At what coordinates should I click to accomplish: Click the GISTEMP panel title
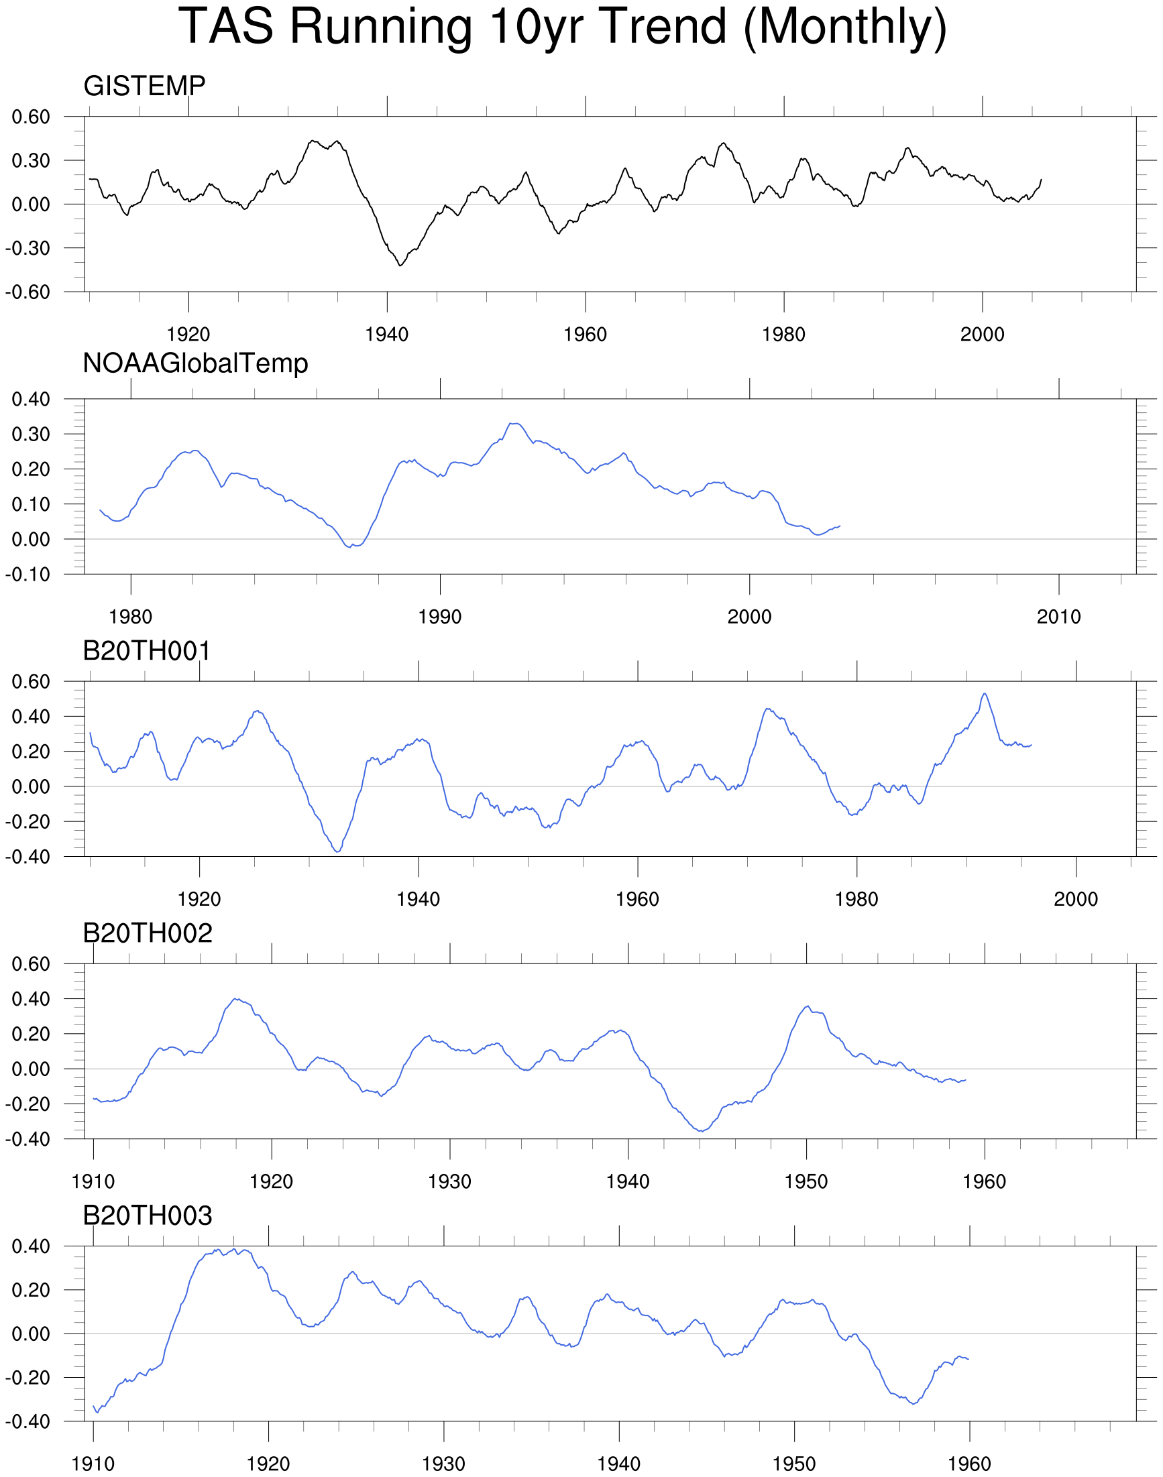[144, 86]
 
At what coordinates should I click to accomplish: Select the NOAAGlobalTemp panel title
[195, 363]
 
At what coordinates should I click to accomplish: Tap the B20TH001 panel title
[146, 651]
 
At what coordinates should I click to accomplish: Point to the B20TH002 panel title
[147, 933]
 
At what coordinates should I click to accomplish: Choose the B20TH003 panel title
[147, 1216]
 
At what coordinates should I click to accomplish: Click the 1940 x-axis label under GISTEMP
[387, 335]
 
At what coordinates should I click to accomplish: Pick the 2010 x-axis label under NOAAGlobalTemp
[1058, 617]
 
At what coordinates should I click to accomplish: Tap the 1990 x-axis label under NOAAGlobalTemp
[440, 617]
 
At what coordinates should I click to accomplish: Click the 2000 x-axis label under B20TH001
[1076, 900]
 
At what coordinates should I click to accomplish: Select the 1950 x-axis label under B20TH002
[806, 1182]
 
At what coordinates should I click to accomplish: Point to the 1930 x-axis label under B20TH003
[443, 1464]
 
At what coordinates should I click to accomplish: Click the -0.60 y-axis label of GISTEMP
[28, 292]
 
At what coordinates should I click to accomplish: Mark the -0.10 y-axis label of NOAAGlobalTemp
[28, 575]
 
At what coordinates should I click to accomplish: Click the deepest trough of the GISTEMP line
[400, 265]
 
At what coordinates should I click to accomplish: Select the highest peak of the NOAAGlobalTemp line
[515, 423]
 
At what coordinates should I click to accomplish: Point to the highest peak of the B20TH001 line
[984, 693]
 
